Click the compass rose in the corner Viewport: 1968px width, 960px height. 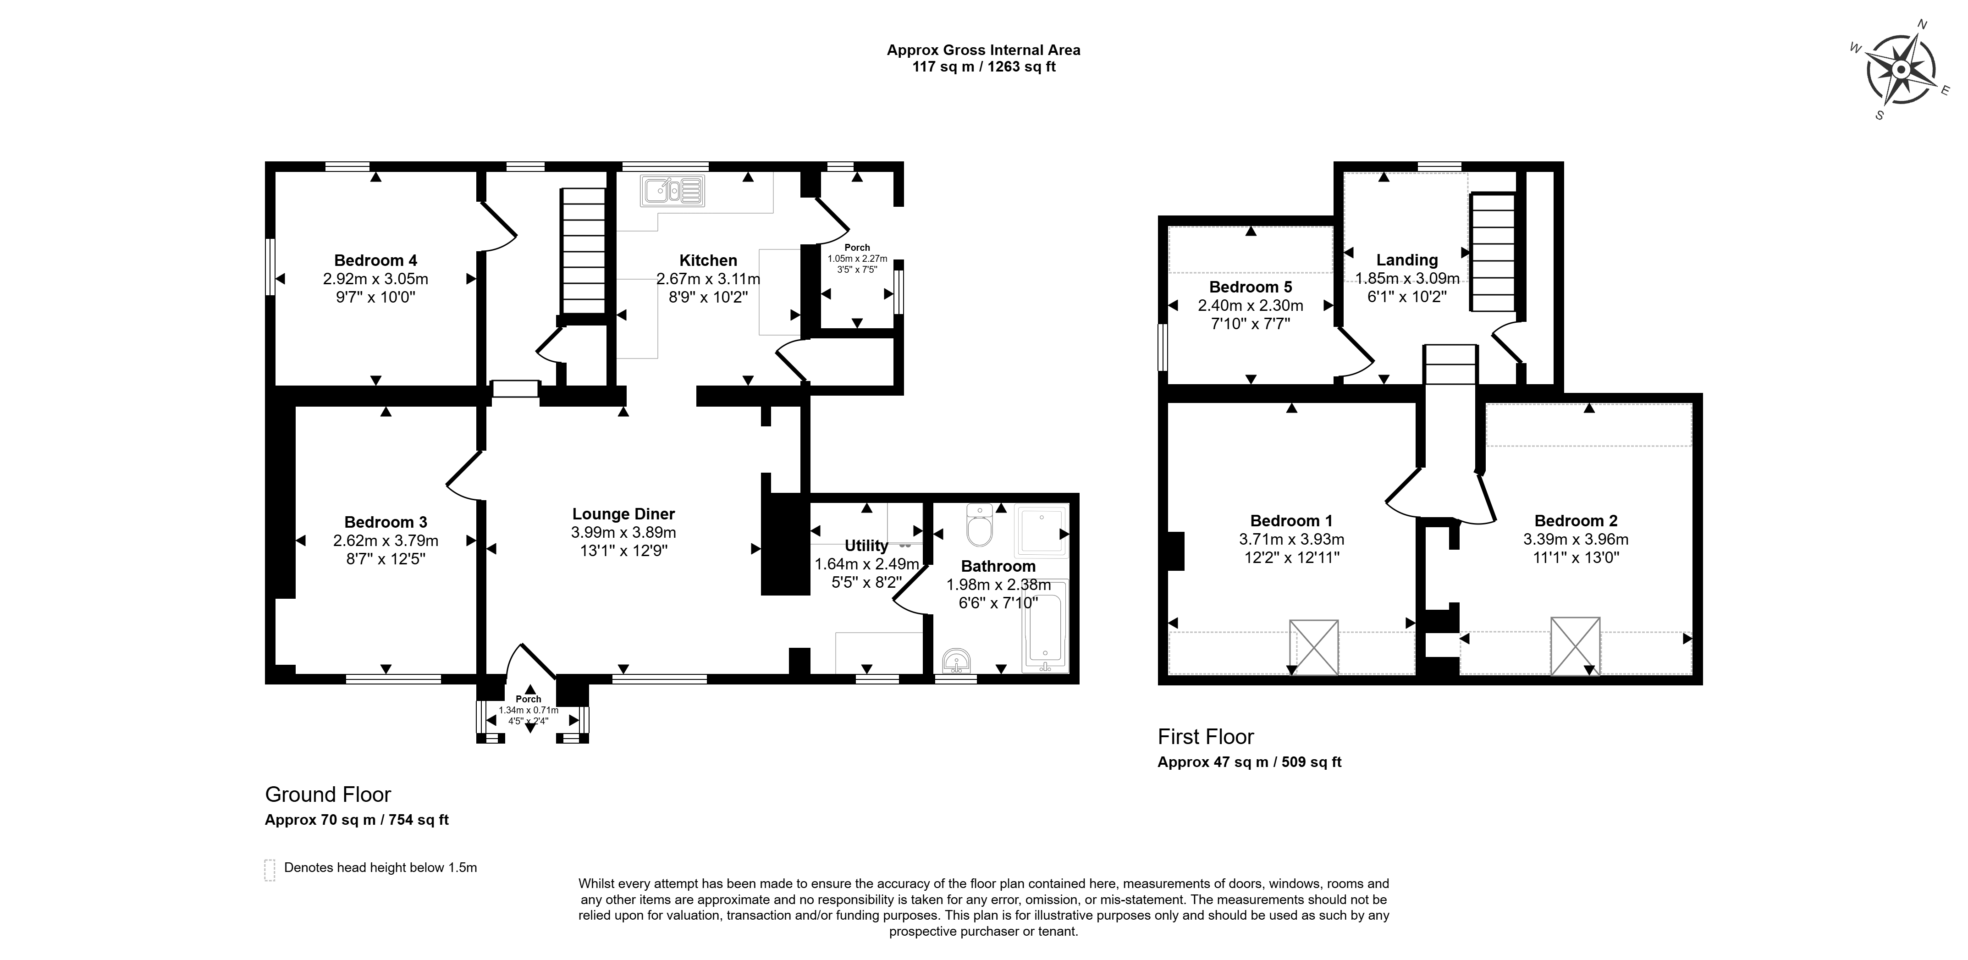(x=1901, y=70)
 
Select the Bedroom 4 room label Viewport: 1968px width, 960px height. (x=376, y=261)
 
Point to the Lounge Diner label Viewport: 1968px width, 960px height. (x=623, y=514)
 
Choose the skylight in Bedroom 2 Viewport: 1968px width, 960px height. (x=1575, y=646)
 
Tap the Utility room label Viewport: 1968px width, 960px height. (x=866, y=546)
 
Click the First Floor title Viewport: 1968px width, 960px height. (x=1206, y=737)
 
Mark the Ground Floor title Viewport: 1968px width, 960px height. (x=328, y=795)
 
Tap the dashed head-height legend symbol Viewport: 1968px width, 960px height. (x=270, y=870)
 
